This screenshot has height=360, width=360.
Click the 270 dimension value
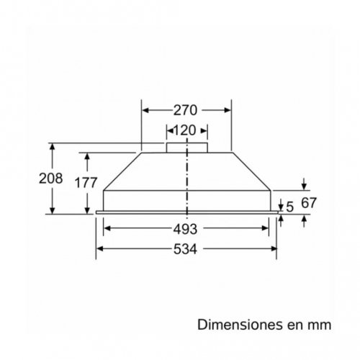[x=186, y=111]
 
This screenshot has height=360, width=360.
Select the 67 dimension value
[x=309, y=204]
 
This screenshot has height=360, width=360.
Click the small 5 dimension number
[x=289, y=207]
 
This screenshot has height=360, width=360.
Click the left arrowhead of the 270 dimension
[x=145, y=111]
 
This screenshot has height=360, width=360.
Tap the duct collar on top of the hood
[x=187, y=148]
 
